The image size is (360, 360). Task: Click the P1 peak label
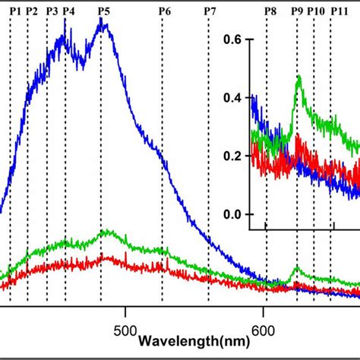pyautogui.click(x=15, y=11)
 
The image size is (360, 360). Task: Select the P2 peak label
pyautogui.click(x=31, y=11)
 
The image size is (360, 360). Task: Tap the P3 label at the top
pyautogui.click(x=52, y=11)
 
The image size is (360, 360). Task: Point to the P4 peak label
pyautogui.click(x=68, y=11)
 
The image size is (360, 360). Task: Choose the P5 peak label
pyautogui.click(x=103, y=11)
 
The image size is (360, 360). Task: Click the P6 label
pyautogui.click(x=164, y=11)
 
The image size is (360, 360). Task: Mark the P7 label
pyautogui.click(x=210, y=11)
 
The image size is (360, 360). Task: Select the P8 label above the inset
pyautogui.click(x=270, y=11)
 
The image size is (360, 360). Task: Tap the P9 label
pyautogui.click(x=296, y=11)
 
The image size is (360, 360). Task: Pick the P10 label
pyautogui.click(x=316, y=11)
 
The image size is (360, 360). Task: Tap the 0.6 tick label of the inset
pyautogui.click(x=235, y=39)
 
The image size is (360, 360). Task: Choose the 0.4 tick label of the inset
pyautogui.click(x=235, y=98)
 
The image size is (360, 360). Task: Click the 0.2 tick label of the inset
pyautogui.click(x=235, y=156)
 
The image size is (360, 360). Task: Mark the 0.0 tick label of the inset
pyautogui.click(x=235, y=215)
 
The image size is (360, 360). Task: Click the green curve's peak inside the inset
pyautogui.click(x=298, y=77)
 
